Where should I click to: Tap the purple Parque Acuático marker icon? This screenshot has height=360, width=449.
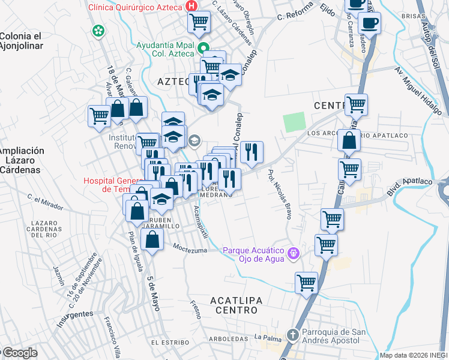pyautogui.click(x=293, y=253)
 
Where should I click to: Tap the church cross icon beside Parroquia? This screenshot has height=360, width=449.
pyautogui.click(x=292, y=335)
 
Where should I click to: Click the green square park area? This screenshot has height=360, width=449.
pyautogui.click(x=295, y=122)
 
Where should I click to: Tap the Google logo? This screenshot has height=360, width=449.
pyautogui.click(x=20, y=353)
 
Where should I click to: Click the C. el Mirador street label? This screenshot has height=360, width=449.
pyautogui.click(x=45, y=202)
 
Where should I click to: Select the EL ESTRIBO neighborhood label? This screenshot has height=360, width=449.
pyautogui.click(x=167, y=342)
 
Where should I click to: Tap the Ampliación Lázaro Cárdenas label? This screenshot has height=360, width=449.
pyautogui.click(x=21, y=160)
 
